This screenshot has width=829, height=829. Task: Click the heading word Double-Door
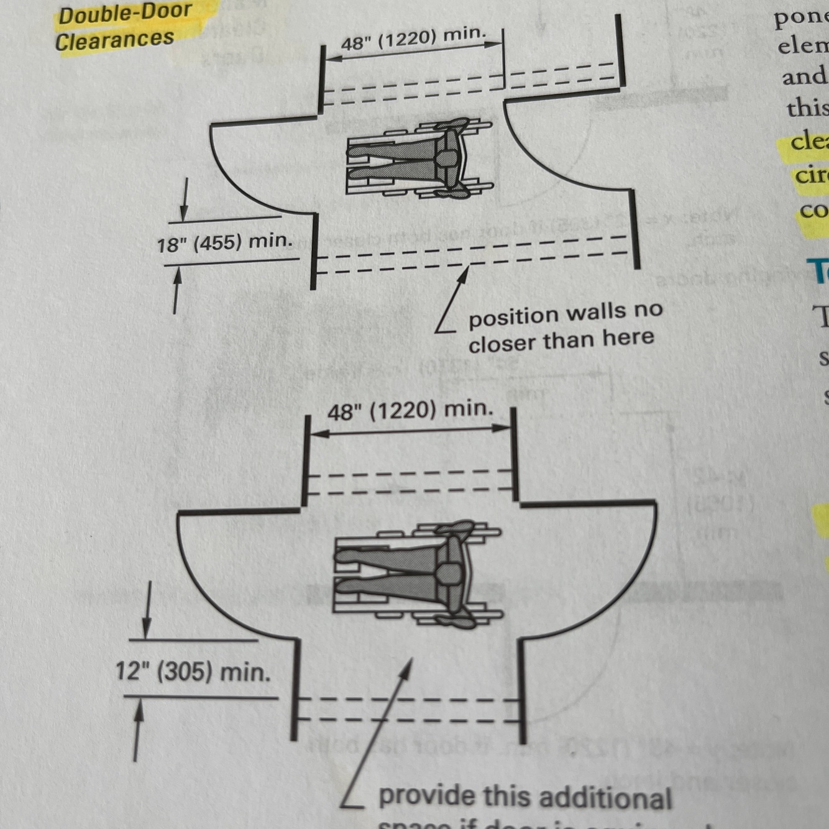[125, 13]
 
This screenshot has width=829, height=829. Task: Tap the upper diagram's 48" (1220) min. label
[413, 39]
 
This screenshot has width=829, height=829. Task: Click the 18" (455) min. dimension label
[224, 242]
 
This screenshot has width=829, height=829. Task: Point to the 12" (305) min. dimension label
[193, 672]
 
